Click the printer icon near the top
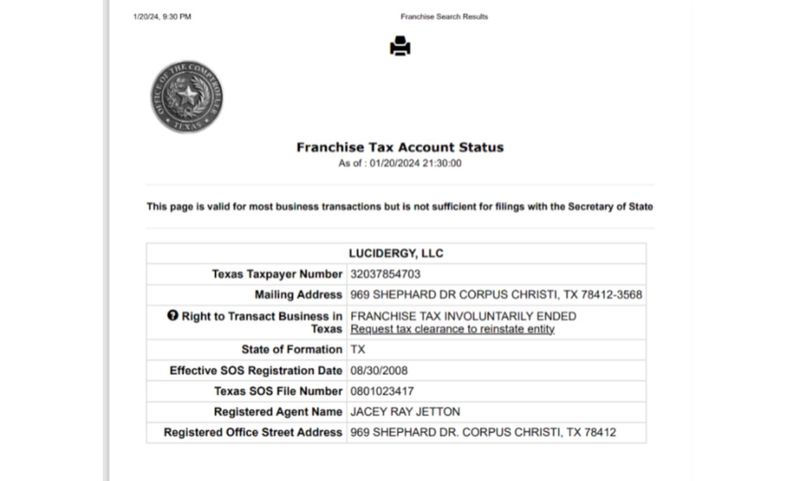point(400,46)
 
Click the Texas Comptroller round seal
point(187,97)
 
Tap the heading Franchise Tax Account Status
point(400,147)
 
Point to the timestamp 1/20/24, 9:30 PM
point(162,17)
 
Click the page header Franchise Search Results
point(444,17)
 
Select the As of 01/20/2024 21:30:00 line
point(400,163)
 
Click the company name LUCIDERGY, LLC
point(396,253)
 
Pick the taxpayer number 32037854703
point(385,274)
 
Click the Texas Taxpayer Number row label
point(277,274)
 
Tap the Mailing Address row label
point(298,295)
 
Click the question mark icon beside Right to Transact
point(172,315)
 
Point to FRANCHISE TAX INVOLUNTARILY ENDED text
point(463,316)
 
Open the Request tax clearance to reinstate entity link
point(452,329)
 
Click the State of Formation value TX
point(358,350)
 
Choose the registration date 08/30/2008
point(379,371)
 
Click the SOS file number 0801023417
point(382,391)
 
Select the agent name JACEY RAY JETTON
point(405,412)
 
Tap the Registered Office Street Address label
point(253,432)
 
